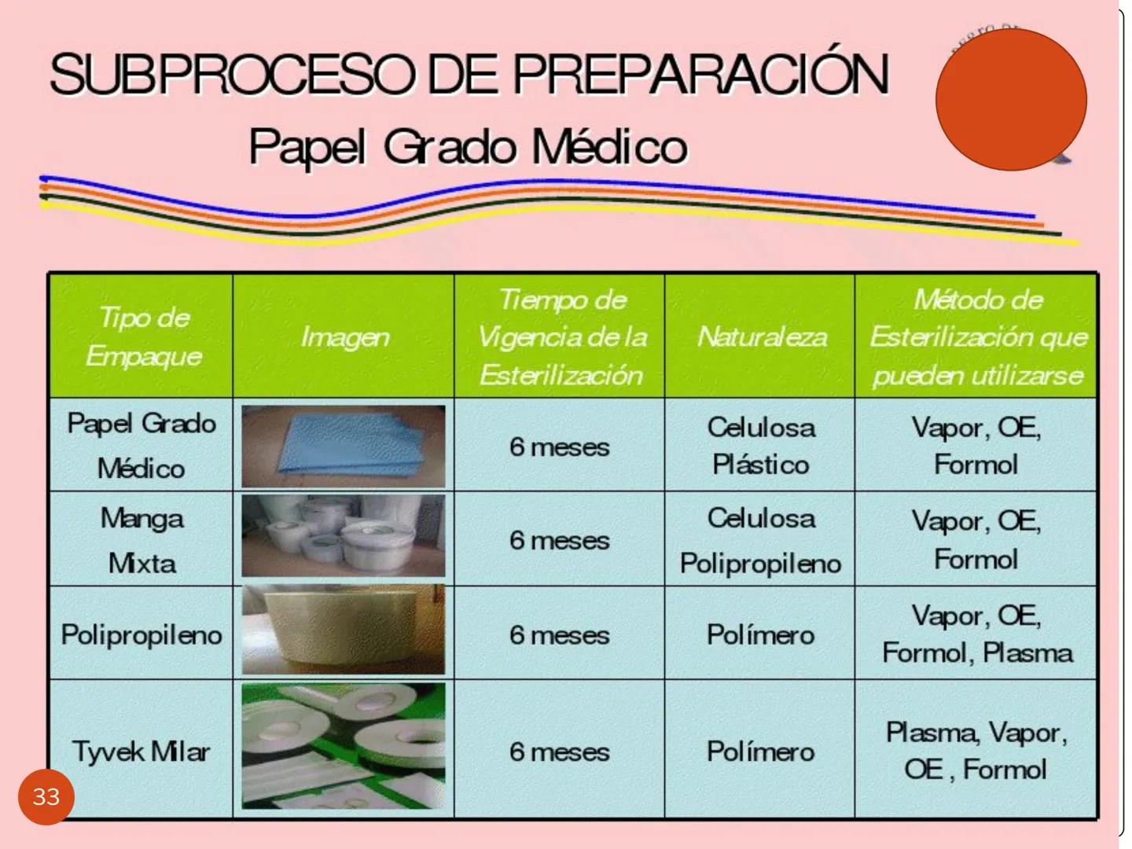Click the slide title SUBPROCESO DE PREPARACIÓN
(x=469, y=74)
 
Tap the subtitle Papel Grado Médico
(x=468, y=146)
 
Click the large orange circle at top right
(x=1011, y=100)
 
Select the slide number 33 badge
(x=46, y=796)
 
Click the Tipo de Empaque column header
(x=142, y=336)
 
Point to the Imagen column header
(x=344, y=337)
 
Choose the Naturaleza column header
(x=761, y=337)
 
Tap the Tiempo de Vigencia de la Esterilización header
(x=560, y=336)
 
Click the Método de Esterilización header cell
(x=977, y=336)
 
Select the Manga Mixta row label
(x=142, y=540)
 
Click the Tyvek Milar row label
(x=141, y=751)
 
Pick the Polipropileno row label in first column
(x=141, y=634)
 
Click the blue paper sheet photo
(x=344, y=446)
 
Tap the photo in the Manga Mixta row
(x=344, y=537)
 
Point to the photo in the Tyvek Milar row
(x=344, y=746)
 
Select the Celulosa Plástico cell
(x=760, y=446)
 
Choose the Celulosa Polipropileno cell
(x=760, y=540)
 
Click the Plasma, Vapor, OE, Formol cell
(x=976, y=751)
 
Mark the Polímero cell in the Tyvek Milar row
(x=760, y=751)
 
